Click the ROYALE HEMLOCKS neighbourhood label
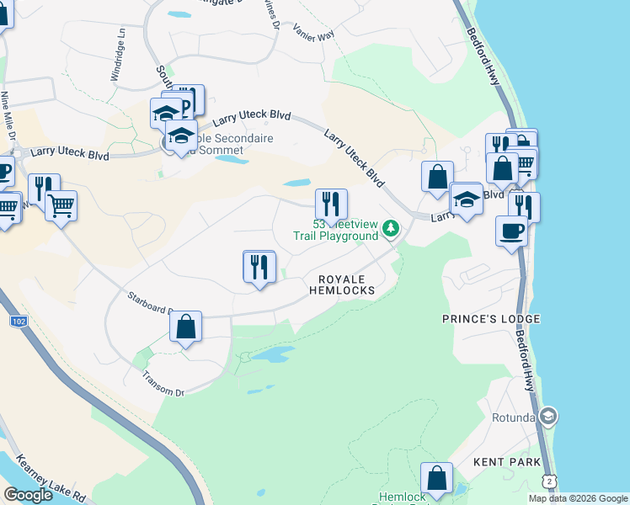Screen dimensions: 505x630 click(x=345, y=284)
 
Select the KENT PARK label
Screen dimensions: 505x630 click(x=499, y=461)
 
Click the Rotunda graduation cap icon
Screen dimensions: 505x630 click(x=548, y=417)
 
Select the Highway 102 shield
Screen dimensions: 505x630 click(x=18, y=321)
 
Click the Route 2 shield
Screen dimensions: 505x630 click(x=549, y=480)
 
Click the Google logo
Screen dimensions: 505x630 click(x=28, y=495)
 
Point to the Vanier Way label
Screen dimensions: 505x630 click(x=313, y=31)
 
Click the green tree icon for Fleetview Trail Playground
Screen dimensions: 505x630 click(x=390, y=228)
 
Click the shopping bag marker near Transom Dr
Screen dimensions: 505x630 click(x=186, y=327)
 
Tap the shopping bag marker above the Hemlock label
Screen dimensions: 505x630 click(x=437, y=480)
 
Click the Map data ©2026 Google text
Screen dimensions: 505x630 click(x=578, y=498)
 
